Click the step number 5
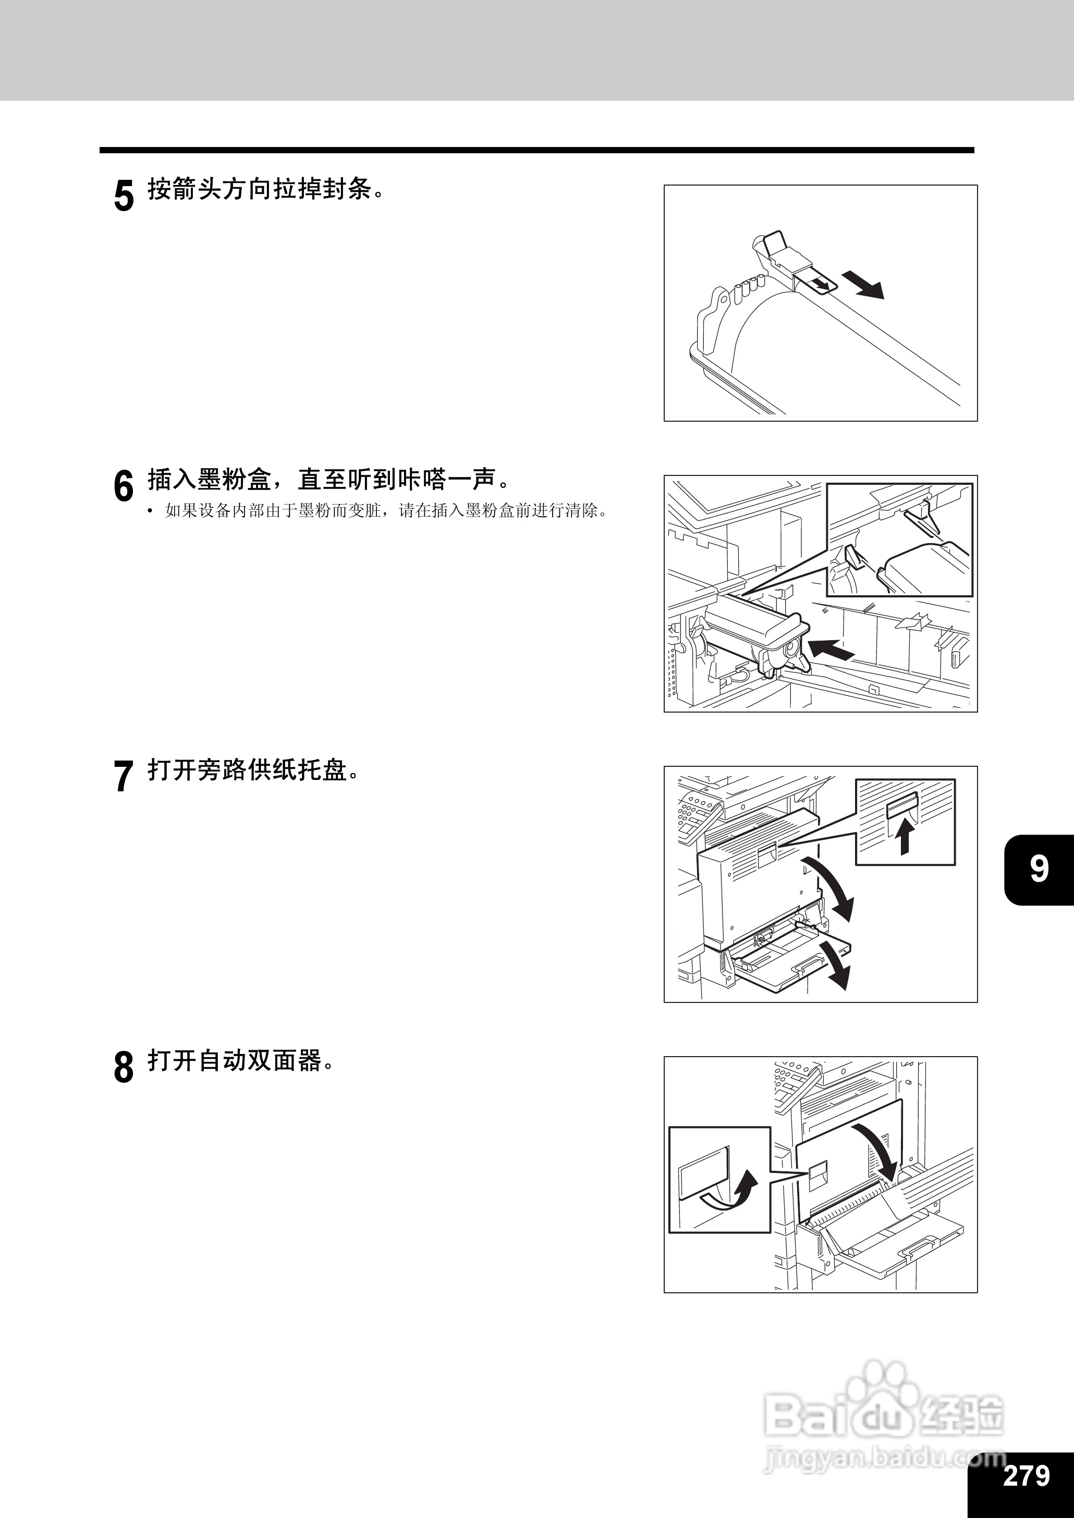pos(124,195)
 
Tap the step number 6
pos(124,486)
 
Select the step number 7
pos(124,776)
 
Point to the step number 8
pos(124,1067)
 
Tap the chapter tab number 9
pos(1039,868)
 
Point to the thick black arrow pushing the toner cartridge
pos(831,649)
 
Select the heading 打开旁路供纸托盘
pos(253,770)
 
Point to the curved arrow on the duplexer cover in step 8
pos(877,1146)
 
